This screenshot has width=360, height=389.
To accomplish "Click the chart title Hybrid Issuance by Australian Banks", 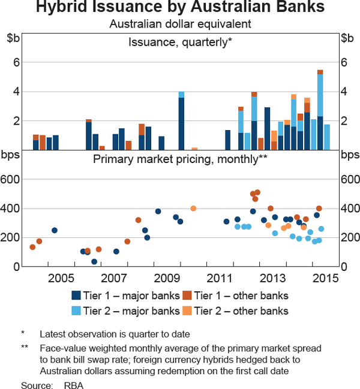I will [180, 8].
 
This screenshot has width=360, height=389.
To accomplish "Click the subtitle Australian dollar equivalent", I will [180, 24].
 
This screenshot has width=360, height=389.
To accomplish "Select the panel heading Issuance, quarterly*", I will [180, 41].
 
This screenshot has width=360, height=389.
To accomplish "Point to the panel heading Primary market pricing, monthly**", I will [180, 159].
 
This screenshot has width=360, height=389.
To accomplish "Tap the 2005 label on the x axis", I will [61, 278].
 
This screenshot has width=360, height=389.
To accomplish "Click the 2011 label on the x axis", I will [220, 278].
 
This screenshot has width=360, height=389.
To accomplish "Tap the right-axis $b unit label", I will [347, 38].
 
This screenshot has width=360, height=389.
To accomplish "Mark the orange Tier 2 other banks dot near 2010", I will [193, 209].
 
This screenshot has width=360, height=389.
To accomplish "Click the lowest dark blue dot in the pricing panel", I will [94, 261].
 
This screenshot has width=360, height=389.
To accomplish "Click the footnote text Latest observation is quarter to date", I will [115, 334].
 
